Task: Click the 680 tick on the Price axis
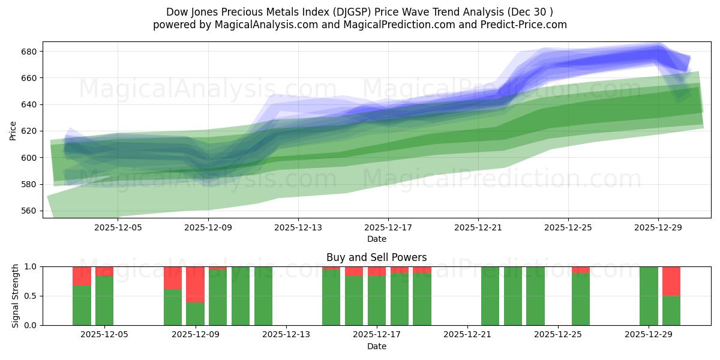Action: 29,52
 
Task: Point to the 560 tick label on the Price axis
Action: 29,211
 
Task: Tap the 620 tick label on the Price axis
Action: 29,131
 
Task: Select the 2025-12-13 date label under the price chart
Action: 298,228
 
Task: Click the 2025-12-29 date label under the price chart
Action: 658,228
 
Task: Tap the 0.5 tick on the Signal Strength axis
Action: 29,296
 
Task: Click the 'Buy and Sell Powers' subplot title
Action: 376,257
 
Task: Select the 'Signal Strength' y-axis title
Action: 16,295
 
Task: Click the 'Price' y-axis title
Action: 13,130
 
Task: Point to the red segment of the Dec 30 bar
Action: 671,281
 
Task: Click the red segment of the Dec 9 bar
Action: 195,284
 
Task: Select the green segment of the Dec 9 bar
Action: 195,313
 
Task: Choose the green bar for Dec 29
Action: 649,296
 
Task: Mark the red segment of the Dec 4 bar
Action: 82,275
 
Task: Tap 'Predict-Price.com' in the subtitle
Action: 526,25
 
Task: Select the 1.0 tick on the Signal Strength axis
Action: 29,266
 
